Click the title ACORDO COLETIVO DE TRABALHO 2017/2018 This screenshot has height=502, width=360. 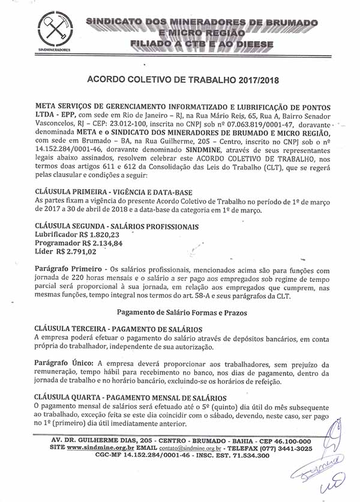coord(184,79)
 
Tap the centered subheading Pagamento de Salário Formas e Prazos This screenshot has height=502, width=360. coord(183,312)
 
